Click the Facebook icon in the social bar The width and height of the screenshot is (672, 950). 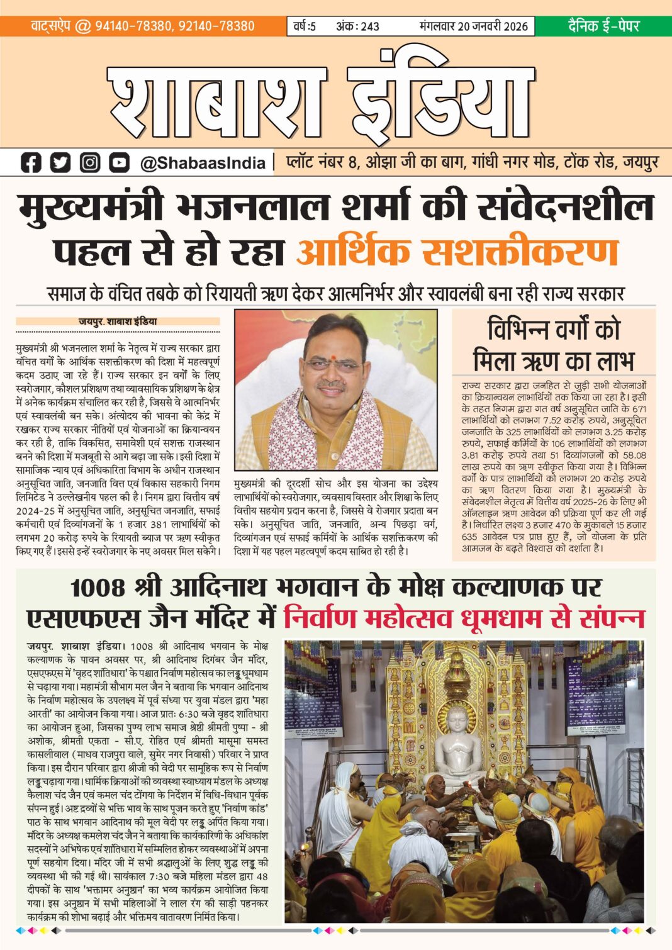click(31, 163)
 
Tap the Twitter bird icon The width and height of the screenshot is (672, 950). click(60, 163)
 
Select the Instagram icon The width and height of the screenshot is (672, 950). click(90, 163)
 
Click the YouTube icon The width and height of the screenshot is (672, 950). click(119, 163)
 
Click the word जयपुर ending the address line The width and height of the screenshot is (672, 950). click(640, 162)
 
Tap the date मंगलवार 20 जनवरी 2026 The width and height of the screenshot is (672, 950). click(473, 26)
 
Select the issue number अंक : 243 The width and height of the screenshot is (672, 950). click(357, 26)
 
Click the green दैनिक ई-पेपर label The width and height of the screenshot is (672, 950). click(603, 26)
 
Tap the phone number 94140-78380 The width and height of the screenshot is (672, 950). click(133, 26)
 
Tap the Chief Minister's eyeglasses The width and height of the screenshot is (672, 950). click(333, 364)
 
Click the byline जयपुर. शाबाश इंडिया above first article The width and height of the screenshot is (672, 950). click(118, 321)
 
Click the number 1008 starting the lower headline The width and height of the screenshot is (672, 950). click(98, 588)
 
